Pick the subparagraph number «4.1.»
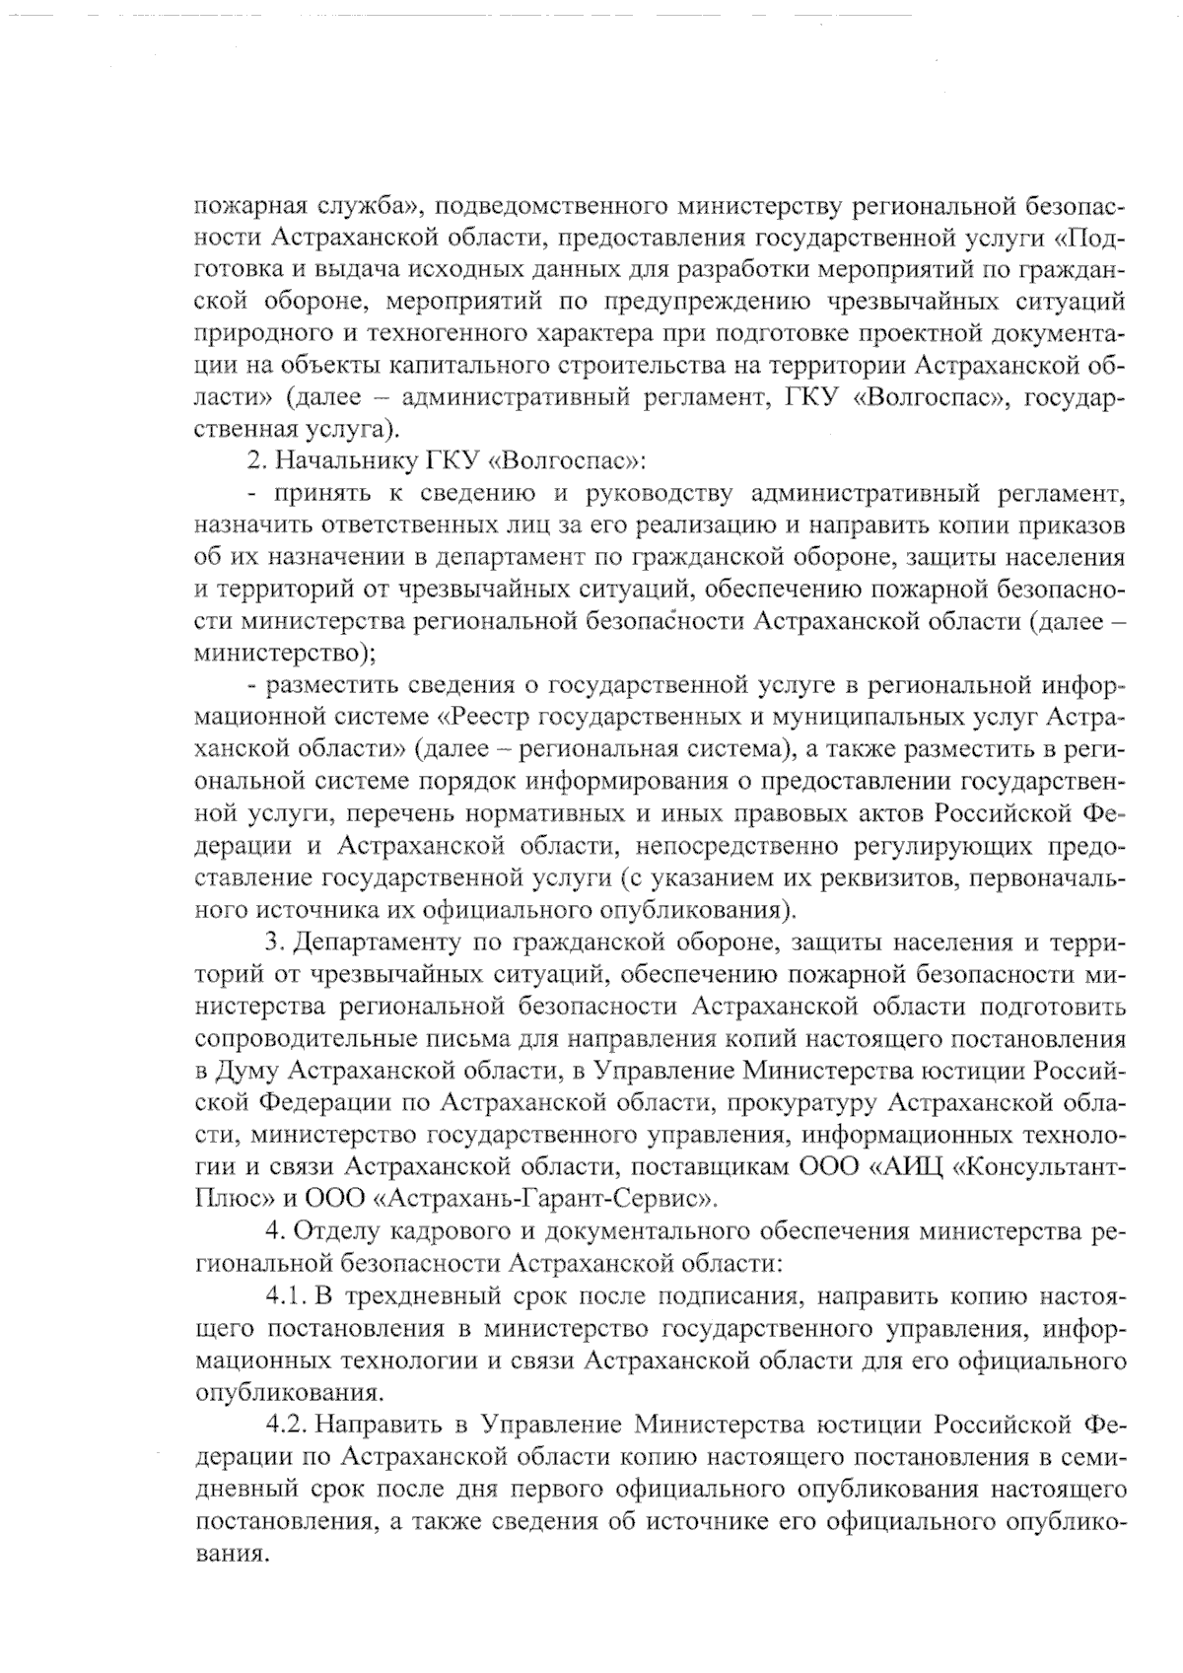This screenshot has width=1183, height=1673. (x=287, y=1295)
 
